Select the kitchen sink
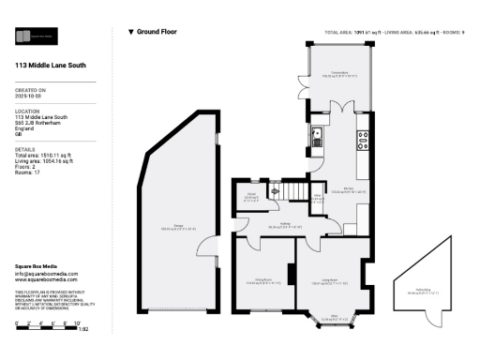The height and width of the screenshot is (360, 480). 318,135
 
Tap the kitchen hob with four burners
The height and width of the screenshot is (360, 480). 362,141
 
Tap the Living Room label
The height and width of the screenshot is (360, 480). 329,280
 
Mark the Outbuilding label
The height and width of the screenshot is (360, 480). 423,291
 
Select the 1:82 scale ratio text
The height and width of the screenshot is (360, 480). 82,330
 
